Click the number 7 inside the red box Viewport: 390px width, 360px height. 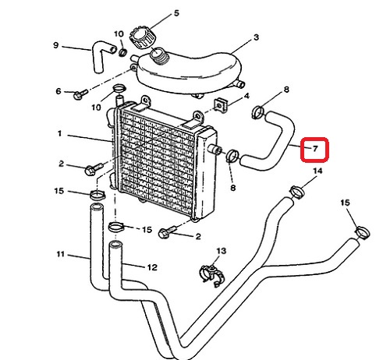tap(315, 149)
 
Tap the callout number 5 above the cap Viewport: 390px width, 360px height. tap(176, 13)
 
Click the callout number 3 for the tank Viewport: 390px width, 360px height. tap(257, 37)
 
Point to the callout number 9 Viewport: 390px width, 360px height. tap(56, 45)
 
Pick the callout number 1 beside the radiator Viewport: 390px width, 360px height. tap(59, 134)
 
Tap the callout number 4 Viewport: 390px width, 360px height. tap(246, 96)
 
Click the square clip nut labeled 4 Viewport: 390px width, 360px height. tap(221, 105)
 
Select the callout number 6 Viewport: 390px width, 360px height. tap(58, 91)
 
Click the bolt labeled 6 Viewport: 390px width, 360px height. tap(80, 94)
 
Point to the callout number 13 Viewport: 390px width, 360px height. tap(222, 251)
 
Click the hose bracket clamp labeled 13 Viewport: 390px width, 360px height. tap(212, 275)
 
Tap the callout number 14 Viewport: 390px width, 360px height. tap(317, 171)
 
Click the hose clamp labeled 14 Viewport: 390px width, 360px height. tap(297, 192)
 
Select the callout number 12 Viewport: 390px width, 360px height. tap(152, 267)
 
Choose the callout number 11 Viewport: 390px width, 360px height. tap(61, 254)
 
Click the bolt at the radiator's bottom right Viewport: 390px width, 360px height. tap(167, 232)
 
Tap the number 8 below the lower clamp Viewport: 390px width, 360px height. tap(233, 188)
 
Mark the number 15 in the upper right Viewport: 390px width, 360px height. tap(345, 203)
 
